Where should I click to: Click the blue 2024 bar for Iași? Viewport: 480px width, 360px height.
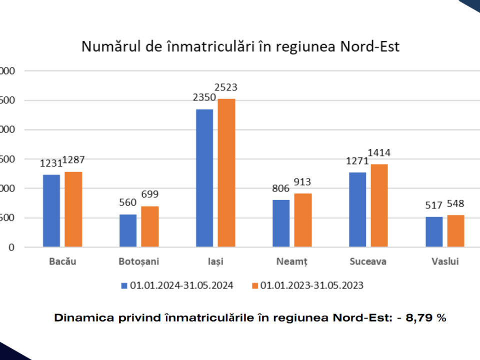(x=204, y=178)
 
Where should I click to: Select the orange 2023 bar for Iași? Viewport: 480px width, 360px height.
(x=226, y=173)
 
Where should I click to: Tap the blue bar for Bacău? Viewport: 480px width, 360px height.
(x=51, y=210)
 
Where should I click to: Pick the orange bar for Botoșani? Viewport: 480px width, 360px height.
(x=150, y=226)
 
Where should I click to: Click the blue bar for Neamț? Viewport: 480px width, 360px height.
(x=281, y=223)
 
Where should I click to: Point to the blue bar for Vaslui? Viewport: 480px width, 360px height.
(x=434, y=231)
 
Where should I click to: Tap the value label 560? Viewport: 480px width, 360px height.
(x=128, y=204)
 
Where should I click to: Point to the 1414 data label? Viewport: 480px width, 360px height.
(x=379, y=153)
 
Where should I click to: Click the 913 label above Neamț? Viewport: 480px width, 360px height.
(x=303, y=183)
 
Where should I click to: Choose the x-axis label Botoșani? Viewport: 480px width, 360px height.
(x=139, y=261)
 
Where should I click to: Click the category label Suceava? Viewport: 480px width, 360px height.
(x=368, y=261)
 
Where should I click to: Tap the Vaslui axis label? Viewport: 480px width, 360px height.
(x=445, y=261)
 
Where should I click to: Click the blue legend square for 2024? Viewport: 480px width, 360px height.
(x=124, y=286)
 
